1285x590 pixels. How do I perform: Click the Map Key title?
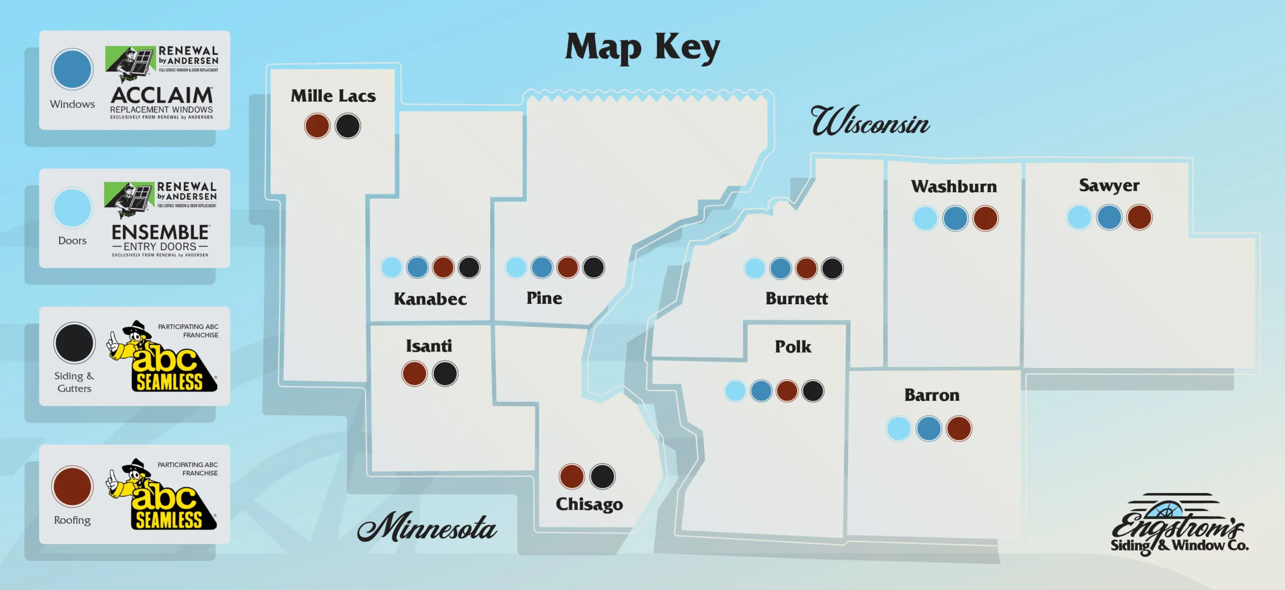pos(642,48)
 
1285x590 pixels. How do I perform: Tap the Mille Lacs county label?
pos(333,96)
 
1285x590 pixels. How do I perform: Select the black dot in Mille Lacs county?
pos(348,126)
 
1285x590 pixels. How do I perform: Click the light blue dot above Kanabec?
pos(392,267)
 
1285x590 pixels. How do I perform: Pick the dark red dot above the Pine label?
pos(568,267)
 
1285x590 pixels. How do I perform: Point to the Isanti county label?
pos(429,346)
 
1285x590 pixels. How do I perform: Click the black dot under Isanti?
pos(445,374)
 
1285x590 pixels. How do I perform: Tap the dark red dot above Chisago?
pos(572,476)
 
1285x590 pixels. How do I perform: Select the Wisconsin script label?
pos(870,122)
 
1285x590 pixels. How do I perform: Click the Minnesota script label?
pos(427,527)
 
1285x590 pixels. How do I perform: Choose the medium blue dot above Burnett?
pos(781,268)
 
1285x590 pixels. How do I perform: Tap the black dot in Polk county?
pos(813,391)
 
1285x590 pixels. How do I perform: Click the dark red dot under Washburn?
pos(985,218)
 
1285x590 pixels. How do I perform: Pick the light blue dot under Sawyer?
pos(1079,217)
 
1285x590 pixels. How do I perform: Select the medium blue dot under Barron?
pos(929,429)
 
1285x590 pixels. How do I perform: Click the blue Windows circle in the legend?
pos(72,69)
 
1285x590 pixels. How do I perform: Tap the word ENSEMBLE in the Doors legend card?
pos(160,232)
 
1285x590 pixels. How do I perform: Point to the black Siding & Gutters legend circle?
pos(74,343)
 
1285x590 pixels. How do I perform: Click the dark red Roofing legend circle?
pos(72,487)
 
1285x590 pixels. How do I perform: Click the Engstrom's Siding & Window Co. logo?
pos(1179,525)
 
